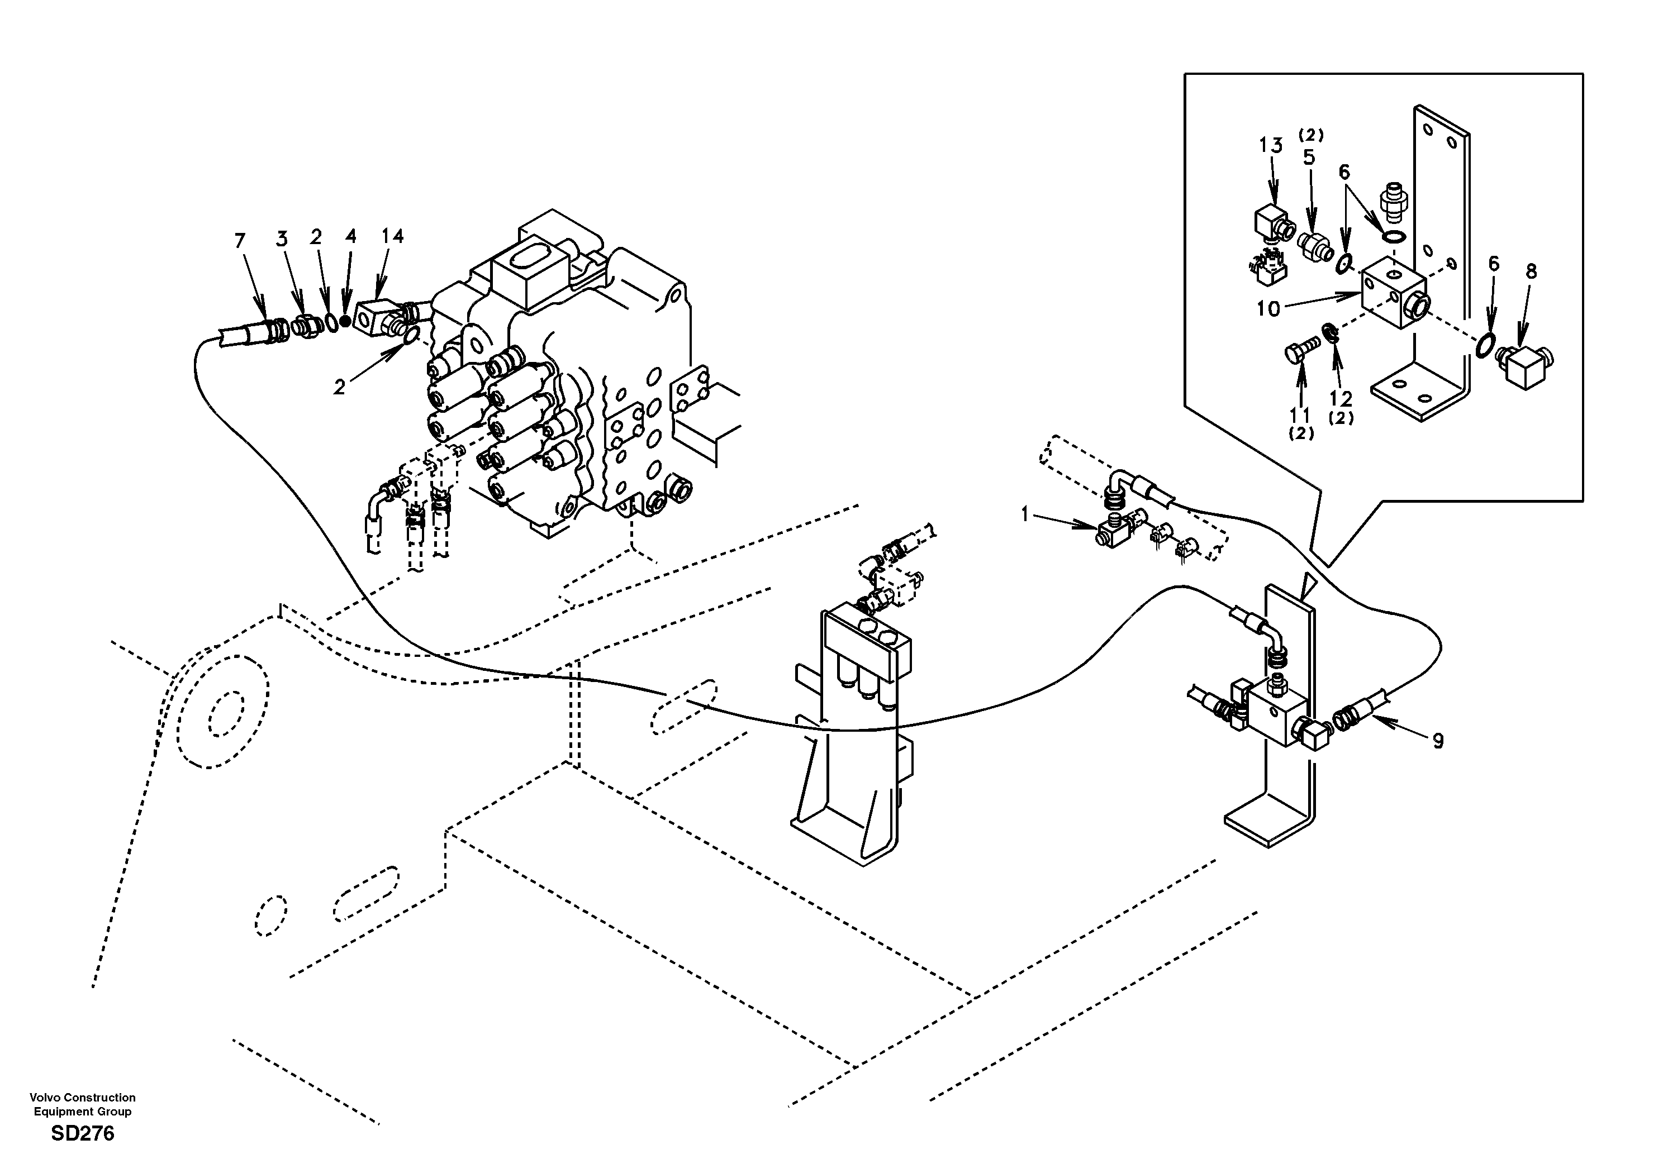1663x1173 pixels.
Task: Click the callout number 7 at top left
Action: coord(240,240)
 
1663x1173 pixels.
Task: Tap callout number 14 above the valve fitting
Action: coord(393,236)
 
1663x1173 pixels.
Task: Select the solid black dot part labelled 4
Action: coord(345,321)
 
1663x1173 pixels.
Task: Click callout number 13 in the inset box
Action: coord(1270,146)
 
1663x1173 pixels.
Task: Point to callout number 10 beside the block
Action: coord(1268,309)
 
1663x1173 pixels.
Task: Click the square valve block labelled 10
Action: coord(1392,296)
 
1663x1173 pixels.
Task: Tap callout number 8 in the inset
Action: coord(1531,271)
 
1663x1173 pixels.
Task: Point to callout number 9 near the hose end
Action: coord(1438,741)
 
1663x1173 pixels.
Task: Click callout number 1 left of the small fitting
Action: coord(1025,515)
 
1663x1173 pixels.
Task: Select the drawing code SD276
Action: coord(83,1134)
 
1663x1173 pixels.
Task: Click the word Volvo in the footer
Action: coord(44,1098)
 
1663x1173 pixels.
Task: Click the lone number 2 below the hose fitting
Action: coord(339,388)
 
